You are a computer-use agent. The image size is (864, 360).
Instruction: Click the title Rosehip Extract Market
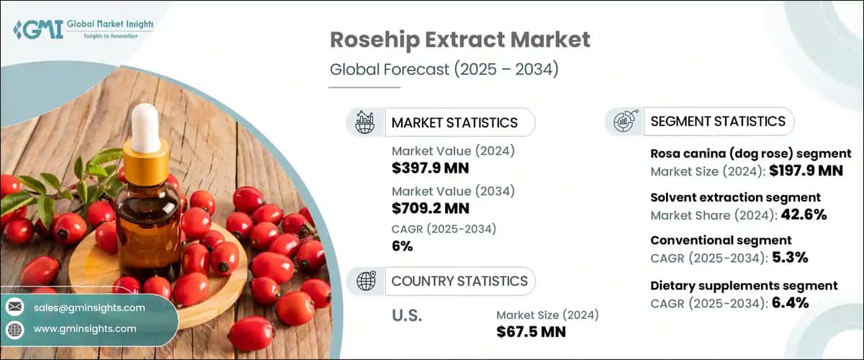point(459,40)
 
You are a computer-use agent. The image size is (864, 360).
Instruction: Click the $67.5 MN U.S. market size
point(531,331)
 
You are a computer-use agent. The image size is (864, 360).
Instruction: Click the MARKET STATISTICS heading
point(454,122)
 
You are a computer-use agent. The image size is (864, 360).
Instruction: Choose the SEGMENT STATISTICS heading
point(718,122)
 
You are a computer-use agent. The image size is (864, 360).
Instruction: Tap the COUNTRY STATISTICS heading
point(459,281)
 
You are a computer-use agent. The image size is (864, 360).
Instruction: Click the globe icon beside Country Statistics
point(366,281)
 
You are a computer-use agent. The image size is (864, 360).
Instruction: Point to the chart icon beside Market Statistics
point(366,122)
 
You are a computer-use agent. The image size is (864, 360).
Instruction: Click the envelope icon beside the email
point(14,307)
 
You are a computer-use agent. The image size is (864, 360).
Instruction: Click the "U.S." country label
point(407,315)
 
